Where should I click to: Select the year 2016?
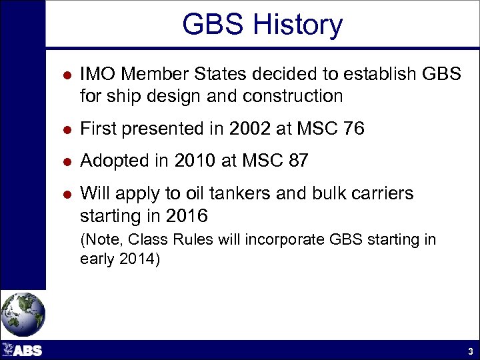189,216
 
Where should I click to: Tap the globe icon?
23,313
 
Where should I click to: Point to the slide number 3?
470,351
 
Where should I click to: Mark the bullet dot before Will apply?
60,194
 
